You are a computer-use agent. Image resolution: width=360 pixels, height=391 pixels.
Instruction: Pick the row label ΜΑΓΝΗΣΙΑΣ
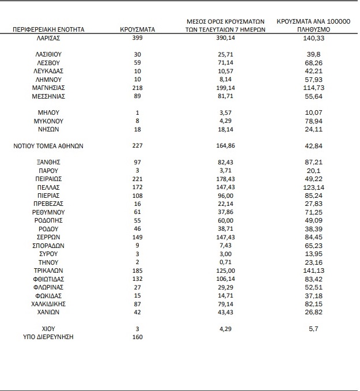48,87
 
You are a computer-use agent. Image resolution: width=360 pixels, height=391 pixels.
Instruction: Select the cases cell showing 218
137,87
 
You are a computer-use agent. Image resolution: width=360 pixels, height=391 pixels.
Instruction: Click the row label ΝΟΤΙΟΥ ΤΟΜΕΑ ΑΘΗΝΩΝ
48,146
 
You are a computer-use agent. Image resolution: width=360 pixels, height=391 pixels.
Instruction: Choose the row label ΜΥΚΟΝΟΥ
48,121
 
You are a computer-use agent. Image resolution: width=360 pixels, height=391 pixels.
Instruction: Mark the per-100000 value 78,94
313,121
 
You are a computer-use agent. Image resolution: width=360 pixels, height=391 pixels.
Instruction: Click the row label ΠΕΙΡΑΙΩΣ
48,179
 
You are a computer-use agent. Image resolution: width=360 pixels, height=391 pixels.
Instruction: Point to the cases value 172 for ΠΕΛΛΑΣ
137,187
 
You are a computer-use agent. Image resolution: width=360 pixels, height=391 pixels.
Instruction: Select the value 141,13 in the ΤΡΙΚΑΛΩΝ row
313,270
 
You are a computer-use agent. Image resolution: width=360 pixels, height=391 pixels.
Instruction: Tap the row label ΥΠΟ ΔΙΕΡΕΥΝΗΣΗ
48,337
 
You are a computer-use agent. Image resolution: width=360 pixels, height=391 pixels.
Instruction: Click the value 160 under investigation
137,337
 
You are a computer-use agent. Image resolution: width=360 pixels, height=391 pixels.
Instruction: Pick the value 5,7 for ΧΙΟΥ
313,329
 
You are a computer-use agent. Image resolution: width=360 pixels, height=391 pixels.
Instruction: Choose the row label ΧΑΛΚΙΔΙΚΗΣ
48,304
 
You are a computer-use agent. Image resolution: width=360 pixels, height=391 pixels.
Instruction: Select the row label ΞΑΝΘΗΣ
48,163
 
